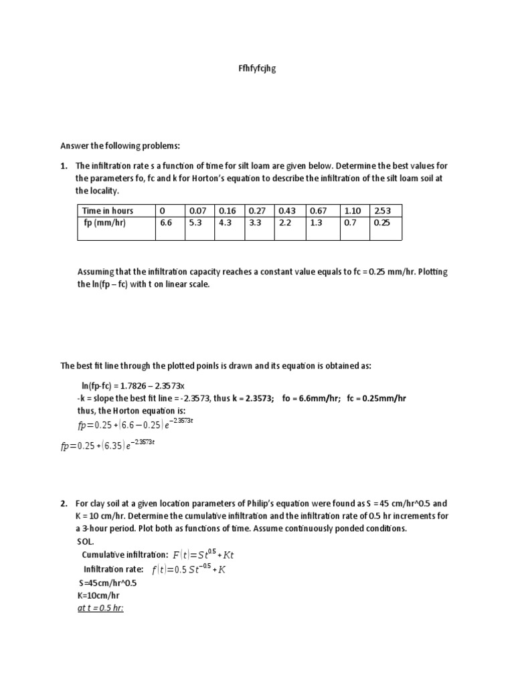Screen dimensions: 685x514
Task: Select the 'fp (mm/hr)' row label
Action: tap(105, 223)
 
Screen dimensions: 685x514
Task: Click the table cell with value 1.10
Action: tap(351, 211)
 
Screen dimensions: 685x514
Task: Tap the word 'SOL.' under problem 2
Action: tap(86, 541)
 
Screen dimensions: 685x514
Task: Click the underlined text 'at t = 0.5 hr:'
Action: tap(101, 607)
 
